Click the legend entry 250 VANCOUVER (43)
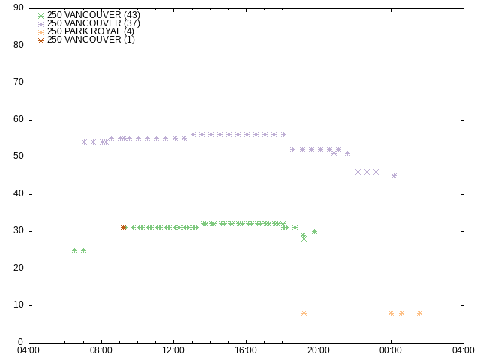(88, 15)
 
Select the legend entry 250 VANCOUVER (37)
(88, 23)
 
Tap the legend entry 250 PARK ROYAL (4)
(85, 31)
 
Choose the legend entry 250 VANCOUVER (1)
(86, 40)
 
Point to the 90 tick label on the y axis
(19, 7)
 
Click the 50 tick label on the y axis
(19, 157)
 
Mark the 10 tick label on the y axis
(19, 305)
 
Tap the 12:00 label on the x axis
(173, 350)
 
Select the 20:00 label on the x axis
(319, 350)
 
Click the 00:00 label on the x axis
(391, 350)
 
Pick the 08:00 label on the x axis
(101, 350)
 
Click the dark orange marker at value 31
(123, 227)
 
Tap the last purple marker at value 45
(394, 175)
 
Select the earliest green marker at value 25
(74, 250)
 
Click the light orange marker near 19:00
(304, 313)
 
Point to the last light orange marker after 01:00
(419, 313)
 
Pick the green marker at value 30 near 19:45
(314, 232)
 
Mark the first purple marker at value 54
(84, 142)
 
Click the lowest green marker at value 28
(304, 238)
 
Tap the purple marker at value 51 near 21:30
(347, 153)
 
